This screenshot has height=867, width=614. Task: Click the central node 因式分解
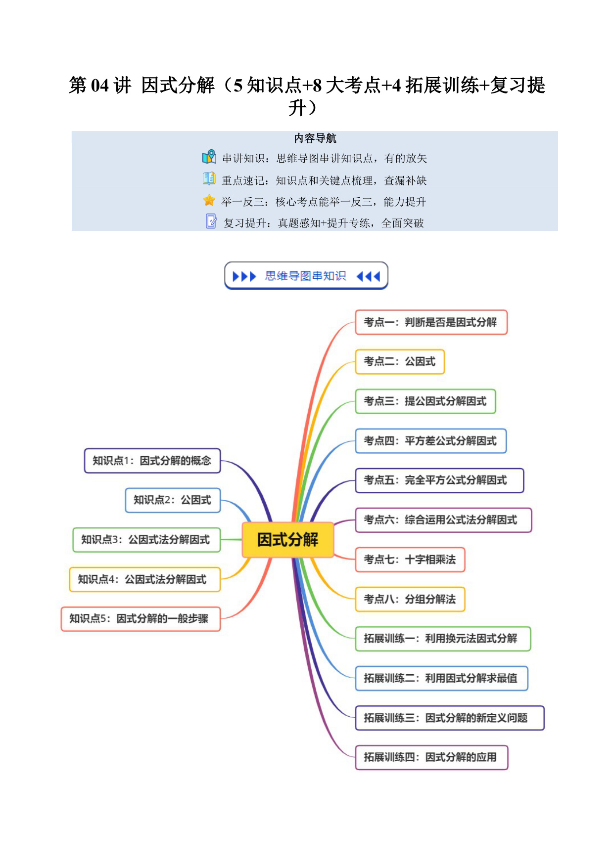(x=288, y=539)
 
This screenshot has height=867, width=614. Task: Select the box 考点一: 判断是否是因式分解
(x=431, y=322)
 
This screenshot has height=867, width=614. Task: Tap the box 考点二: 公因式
(x=400, y=362)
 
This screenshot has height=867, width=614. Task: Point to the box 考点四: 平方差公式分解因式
(x=431, y=441)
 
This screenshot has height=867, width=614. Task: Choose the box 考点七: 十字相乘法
(x=410, y=560)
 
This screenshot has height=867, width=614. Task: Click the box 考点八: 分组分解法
(x=410, y=599)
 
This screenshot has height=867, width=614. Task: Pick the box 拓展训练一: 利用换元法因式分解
(x=443, y=639)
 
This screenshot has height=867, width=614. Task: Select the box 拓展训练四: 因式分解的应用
(x=432, y=757)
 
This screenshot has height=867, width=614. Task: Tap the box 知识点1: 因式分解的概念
(x=152, y=461)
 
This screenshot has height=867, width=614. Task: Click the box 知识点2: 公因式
(x=173, y=500)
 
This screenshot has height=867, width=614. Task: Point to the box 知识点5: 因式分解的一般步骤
(x=141, y=619)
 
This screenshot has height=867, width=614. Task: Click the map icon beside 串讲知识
(x=209, y=157)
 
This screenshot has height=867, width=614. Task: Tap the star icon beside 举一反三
(x=209, y=200)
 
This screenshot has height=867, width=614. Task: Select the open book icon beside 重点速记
(x=209, y=178)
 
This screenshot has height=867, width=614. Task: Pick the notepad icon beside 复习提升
(x=211, y=221)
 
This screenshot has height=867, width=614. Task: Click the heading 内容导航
(x=315, y=138)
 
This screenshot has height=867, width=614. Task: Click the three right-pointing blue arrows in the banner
(x=244, y=276)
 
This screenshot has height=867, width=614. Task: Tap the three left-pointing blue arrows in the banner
(x=368, y=276)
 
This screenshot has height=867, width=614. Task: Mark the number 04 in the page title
(x=100, y=86)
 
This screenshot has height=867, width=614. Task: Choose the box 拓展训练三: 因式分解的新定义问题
(x=450, y=718)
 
